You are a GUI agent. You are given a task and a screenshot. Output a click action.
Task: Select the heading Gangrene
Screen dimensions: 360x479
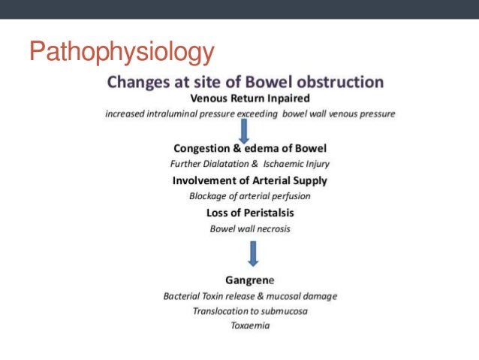tap(250, 280)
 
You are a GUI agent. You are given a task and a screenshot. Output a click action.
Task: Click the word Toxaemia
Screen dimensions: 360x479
tap(250, 325)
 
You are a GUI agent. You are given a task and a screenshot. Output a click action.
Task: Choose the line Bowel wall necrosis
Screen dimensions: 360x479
tap(250, 228)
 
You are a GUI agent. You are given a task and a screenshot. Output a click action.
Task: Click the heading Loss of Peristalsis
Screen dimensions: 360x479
tap(250, 213)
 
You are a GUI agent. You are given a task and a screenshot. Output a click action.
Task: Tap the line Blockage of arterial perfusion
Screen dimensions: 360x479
tap(250, 196)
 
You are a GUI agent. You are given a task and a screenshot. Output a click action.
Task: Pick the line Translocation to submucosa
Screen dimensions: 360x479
tap(250, 310)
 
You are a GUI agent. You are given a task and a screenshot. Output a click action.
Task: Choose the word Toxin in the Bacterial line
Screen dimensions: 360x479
tap(217, 295)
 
